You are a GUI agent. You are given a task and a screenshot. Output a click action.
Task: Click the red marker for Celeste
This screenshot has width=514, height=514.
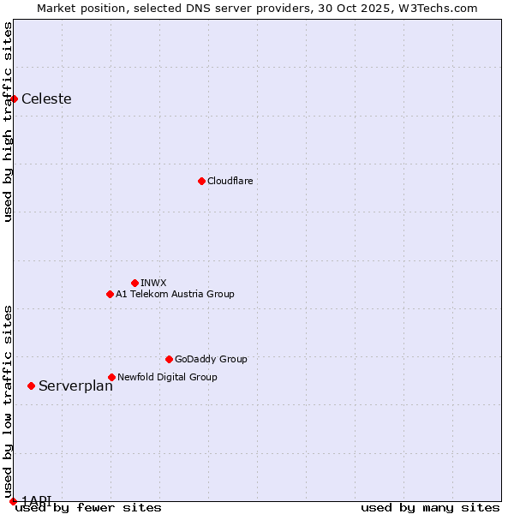[14, 99]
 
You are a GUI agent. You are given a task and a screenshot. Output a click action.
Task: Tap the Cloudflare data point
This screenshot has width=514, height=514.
[201, 181]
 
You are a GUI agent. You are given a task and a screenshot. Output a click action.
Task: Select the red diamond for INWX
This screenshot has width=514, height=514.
[134, 283]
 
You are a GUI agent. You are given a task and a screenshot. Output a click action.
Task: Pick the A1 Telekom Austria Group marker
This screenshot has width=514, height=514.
[110, 294]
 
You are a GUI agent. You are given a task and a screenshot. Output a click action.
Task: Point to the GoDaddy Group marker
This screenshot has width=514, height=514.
[169, 359]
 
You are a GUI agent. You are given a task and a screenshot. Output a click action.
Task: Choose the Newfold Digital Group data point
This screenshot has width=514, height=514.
[111, 377]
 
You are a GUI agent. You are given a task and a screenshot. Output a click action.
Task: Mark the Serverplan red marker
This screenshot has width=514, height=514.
[31, 385]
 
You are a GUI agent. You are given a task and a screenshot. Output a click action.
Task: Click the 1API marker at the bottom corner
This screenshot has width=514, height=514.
[13, 501]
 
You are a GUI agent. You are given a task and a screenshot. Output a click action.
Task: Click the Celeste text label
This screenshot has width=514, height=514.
[46, 99]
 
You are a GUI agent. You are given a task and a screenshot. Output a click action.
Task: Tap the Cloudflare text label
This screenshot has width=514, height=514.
[230, 181]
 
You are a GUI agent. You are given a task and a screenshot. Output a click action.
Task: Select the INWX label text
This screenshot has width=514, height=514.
[153, 283]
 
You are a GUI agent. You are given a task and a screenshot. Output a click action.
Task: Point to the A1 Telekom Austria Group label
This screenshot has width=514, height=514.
[175, 294]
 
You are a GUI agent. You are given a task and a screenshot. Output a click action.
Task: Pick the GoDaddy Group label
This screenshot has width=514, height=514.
[211, 359]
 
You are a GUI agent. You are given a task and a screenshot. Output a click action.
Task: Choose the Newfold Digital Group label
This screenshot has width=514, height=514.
[167, 377]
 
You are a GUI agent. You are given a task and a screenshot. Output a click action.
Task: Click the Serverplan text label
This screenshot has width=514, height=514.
[75, 385]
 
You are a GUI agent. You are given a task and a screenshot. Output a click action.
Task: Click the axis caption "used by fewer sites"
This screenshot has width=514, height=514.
[88, 507]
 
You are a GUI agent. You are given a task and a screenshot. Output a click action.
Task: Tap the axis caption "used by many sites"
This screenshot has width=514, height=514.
[430, 507]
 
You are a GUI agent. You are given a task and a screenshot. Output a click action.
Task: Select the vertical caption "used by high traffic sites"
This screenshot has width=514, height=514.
[8, 122]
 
